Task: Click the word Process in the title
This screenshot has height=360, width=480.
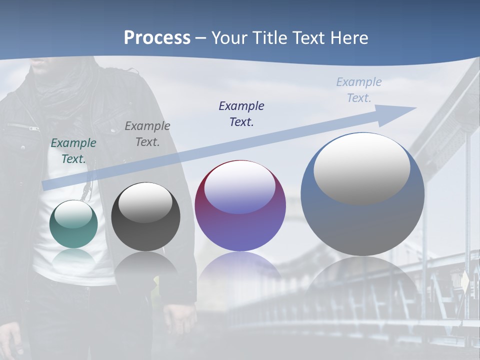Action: [157, 38]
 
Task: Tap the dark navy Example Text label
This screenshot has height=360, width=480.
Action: [241, 113]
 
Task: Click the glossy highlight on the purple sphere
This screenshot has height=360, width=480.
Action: [240, 187]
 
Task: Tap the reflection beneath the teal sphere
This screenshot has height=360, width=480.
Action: [73, 257]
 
